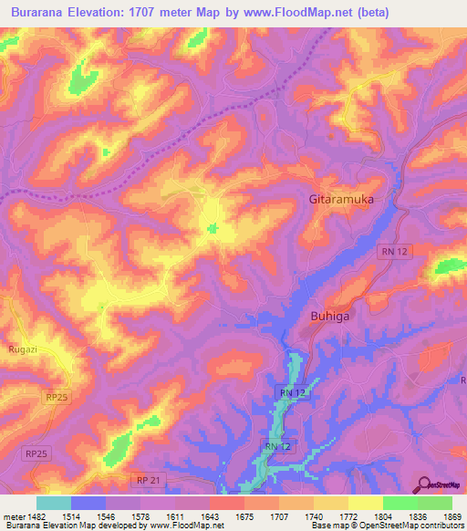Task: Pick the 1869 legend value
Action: (x=451, y=516)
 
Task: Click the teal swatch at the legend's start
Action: (x=54, y=503)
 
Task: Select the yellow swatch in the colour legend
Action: (x=366, y=503)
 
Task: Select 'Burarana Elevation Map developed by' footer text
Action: (x=71, y=526)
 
